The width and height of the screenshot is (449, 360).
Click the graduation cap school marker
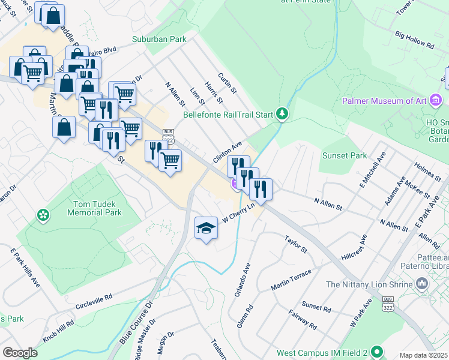tap(206, 229)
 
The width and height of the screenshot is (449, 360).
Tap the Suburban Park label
tap(159, 40)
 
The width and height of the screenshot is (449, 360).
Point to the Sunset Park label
tap(344, 156)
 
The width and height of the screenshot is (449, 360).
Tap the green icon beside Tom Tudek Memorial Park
tap(43, 214)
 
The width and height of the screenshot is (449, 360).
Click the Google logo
tap(20, 353)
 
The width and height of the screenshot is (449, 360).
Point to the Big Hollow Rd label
tap(414, 40)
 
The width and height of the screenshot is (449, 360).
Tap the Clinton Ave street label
tap(227, 152)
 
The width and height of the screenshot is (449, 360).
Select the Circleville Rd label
tap(94, 302)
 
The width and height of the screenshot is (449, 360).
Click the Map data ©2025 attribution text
tap(424, 355)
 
